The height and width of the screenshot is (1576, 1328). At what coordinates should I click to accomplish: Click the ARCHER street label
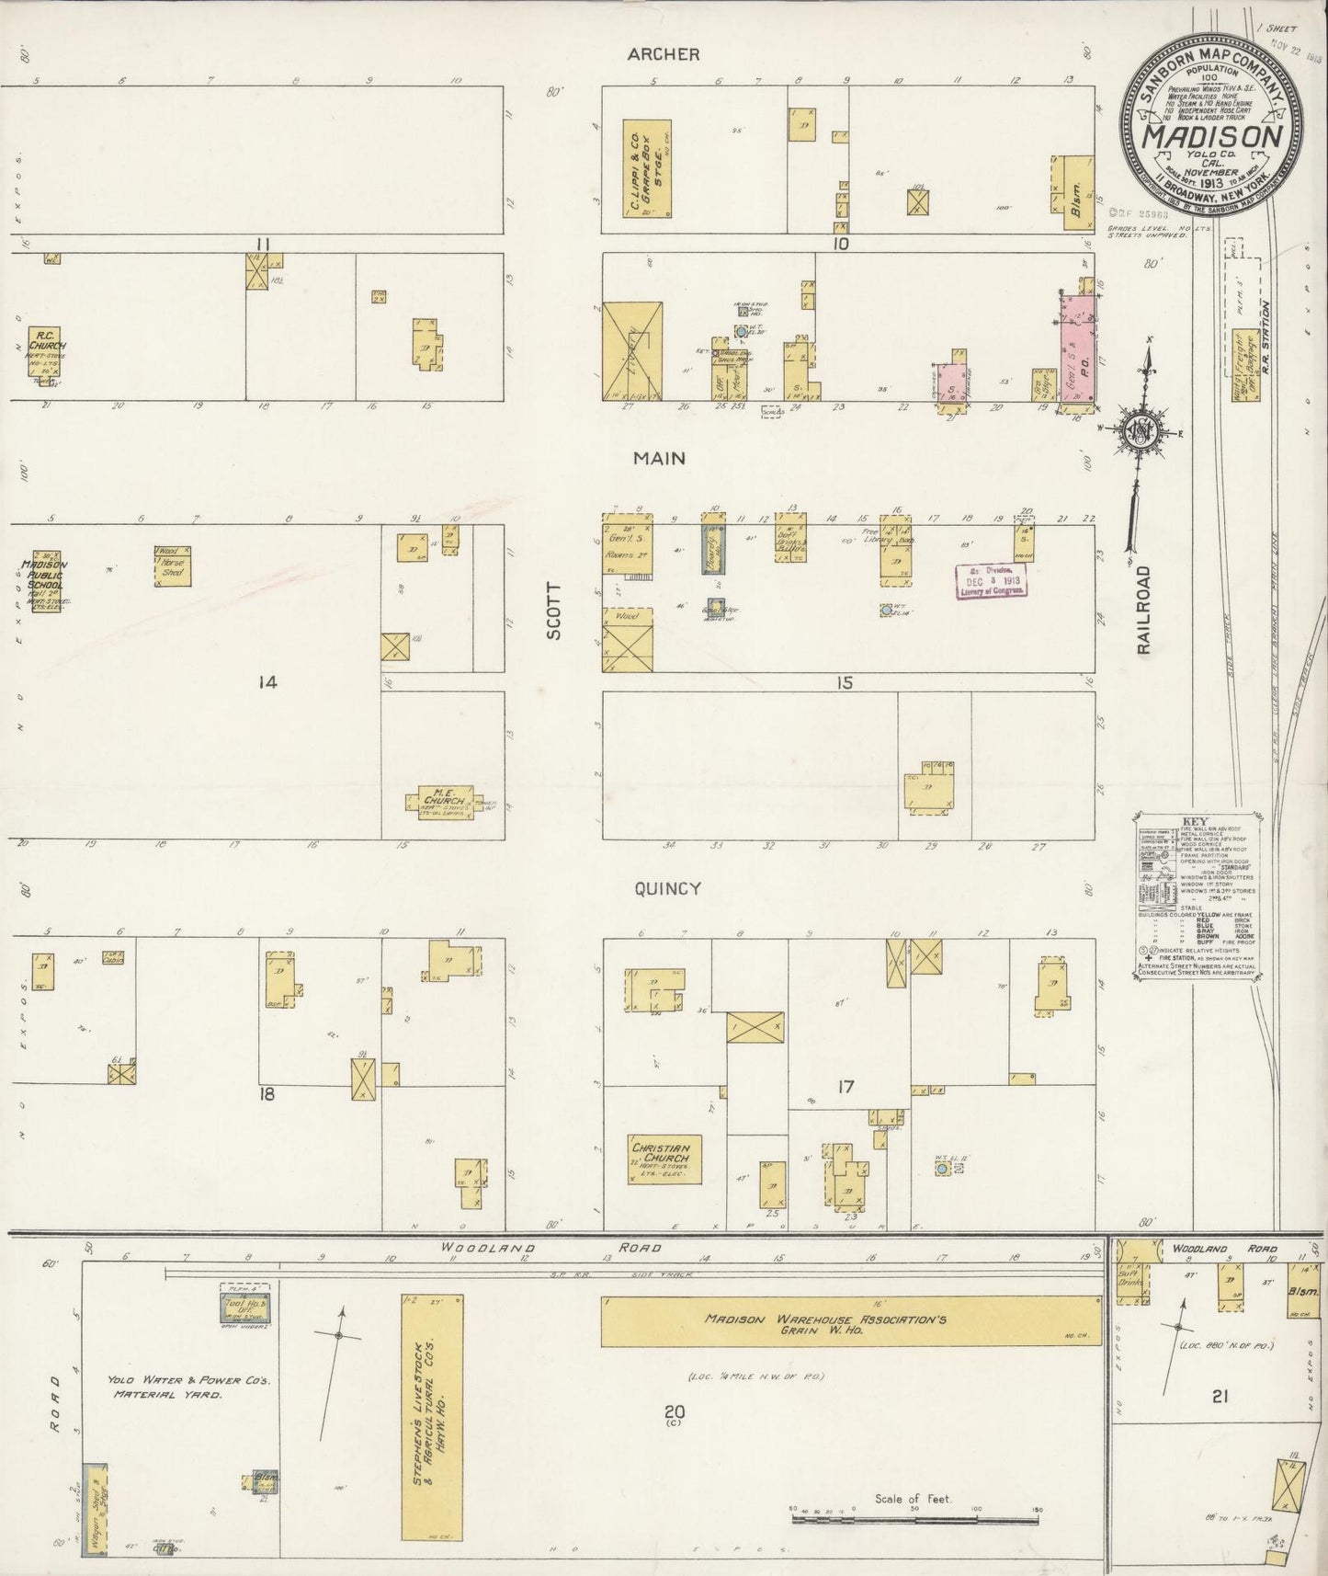664,54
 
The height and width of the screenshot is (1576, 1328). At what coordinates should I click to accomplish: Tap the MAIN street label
659,458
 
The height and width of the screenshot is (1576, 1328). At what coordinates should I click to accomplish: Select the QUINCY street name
667,888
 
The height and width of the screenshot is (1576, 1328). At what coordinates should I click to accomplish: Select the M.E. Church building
440,801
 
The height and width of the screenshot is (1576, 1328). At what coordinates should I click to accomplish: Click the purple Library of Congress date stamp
991,579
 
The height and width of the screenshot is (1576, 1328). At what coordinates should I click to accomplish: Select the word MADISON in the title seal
1212,136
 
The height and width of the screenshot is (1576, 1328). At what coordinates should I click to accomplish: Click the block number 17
846,1087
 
